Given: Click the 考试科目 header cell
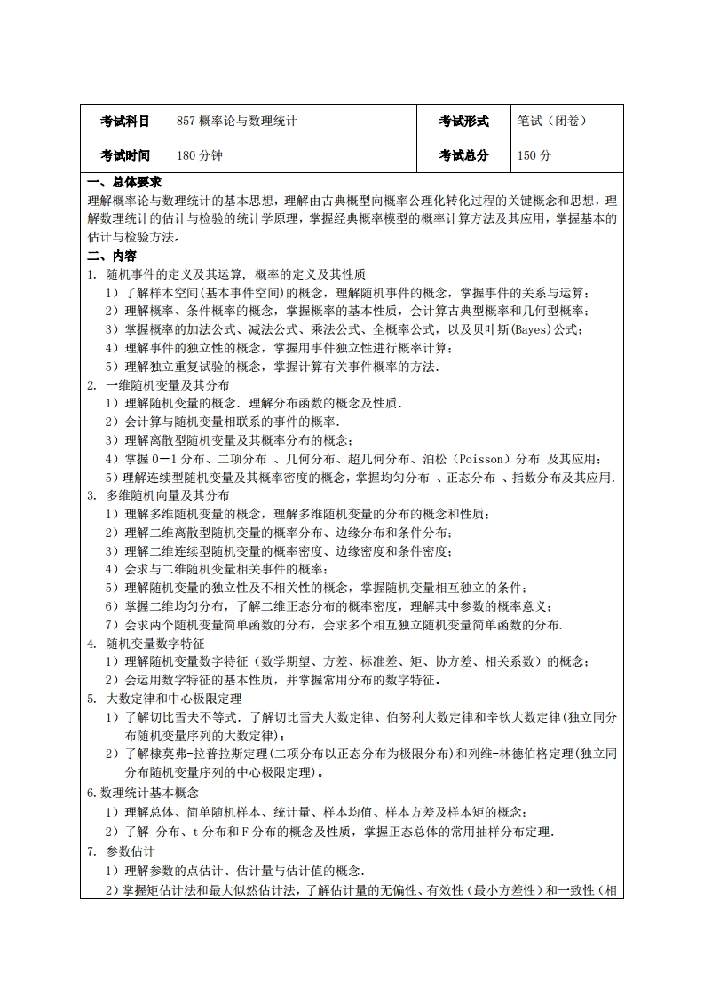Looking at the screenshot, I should (x=124, y=122).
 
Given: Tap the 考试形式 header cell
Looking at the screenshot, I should (x=463, y=122).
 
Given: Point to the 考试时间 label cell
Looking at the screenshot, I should (x=124, y=155).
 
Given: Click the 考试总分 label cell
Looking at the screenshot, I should (x=463, y=155).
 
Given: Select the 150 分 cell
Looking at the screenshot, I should (x=534, y=155).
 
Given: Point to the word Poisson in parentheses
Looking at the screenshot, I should (x=481, y=460).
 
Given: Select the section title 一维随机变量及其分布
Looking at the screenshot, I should (x=168, y=385).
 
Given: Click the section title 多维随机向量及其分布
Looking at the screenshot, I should (x=168, y=496).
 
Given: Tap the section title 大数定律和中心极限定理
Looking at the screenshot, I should (x=174, y=699).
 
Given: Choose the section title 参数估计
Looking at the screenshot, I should (x=131, y=851).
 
